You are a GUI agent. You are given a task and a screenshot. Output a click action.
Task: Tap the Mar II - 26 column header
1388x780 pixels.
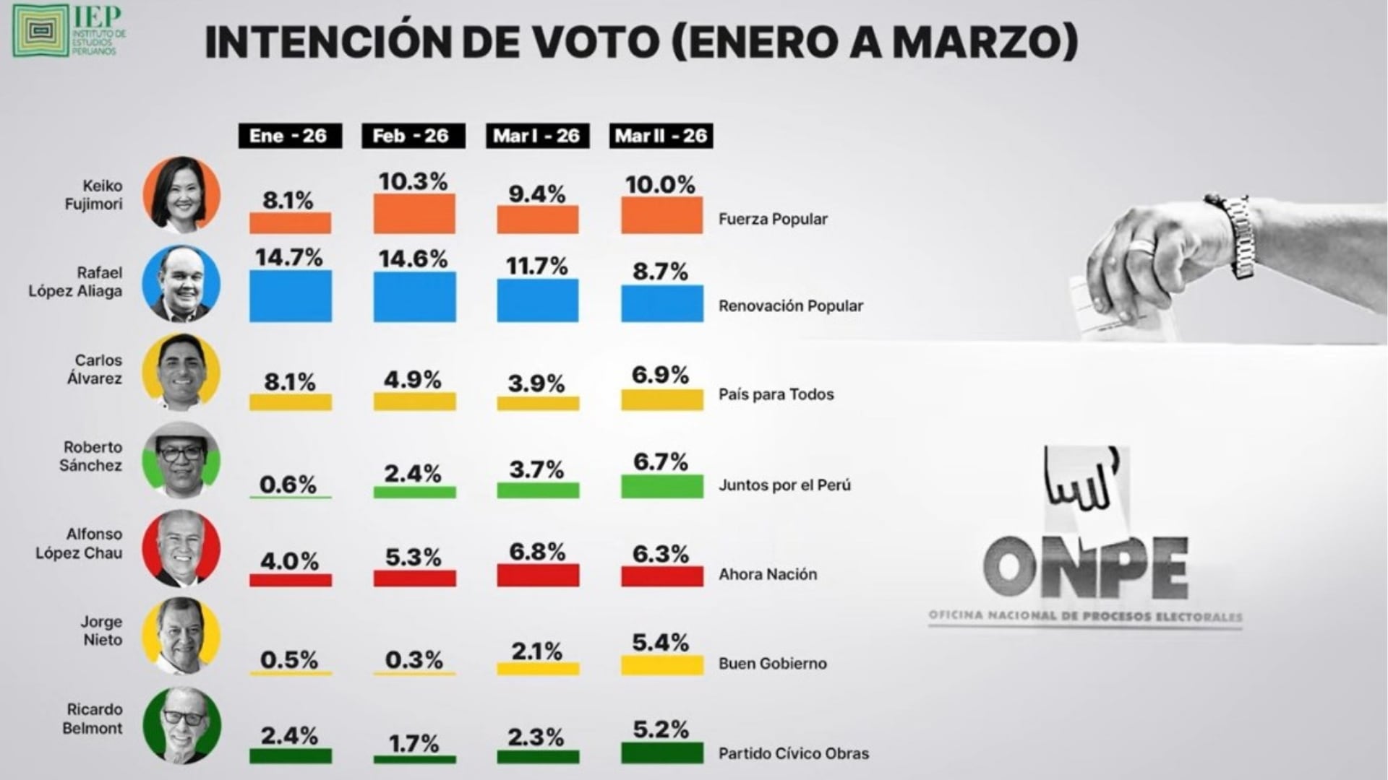tap(661, 136)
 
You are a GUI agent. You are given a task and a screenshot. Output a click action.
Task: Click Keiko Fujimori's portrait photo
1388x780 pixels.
tap(181, 194)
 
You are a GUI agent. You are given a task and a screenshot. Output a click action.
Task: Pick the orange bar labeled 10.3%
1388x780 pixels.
tap(414, 214)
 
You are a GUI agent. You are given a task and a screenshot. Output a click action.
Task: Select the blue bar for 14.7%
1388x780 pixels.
tap(290, 296)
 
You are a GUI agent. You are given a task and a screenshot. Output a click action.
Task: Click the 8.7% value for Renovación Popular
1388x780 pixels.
tap(660, 272)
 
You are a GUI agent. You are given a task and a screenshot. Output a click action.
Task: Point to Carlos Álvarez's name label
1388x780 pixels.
tap(95, 369)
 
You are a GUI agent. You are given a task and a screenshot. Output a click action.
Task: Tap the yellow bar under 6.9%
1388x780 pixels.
tap(661, 400)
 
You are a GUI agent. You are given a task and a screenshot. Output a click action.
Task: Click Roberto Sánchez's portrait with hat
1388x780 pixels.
tap(181, 459)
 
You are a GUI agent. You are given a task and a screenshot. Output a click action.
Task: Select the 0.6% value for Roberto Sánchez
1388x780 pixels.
tap(288, 484)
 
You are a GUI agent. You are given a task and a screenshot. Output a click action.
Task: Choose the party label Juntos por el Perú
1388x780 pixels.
tap(784, 485)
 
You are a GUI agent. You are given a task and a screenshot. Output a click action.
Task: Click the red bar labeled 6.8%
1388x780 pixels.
tap(538, 576)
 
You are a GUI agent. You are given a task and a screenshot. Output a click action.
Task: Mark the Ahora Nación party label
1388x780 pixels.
tap(768, 575)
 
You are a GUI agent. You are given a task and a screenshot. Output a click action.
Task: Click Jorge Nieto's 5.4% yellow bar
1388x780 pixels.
tap(661, 665)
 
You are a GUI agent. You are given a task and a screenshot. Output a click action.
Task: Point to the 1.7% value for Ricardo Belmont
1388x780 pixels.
tap(414, 742)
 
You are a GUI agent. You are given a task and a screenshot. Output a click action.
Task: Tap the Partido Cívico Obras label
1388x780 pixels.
tap(794, 753)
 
